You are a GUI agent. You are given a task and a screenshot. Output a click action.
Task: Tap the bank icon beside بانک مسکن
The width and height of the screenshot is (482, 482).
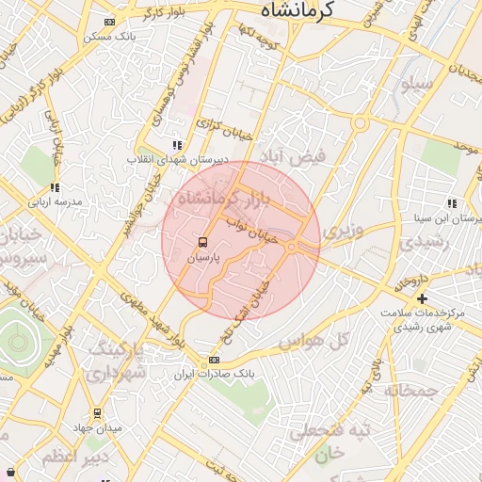tap(110, 22)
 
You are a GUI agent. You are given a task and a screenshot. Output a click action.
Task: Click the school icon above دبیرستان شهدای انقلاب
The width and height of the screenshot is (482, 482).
tap(176, 145)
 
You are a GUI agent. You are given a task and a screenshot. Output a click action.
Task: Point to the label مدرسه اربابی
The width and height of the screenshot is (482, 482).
tap(55, 201)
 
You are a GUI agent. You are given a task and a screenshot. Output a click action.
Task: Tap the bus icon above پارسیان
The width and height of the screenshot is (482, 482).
tap(203, 242)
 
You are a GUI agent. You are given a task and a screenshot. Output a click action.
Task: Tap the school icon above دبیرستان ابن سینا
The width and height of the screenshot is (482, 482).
tap(452, 203)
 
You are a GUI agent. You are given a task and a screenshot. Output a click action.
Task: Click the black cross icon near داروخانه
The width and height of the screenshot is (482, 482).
tap(422, 298)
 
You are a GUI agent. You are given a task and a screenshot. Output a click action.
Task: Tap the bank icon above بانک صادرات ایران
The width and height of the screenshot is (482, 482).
tap(214, 360)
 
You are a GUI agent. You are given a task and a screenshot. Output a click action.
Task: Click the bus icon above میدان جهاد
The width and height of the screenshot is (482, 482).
tap(97, 413)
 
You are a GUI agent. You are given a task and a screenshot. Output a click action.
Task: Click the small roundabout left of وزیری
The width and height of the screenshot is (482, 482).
tap(292, 247)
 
